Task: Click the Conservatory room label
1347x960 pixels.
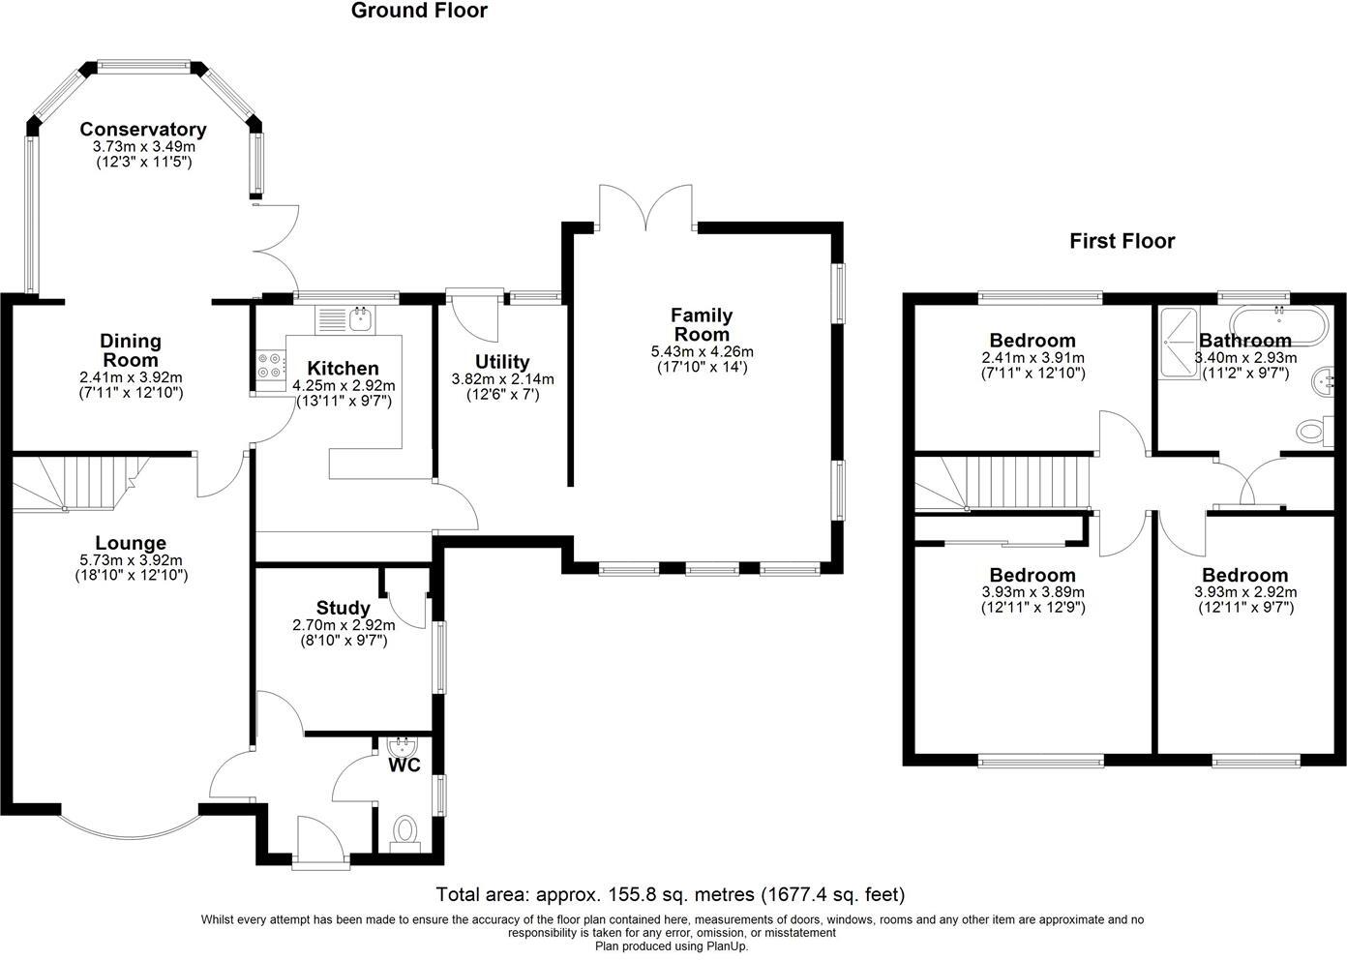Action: pyautogui.click(x=143, y=130)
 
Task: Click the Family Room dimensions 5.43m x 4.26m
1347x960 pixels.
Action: pyautogui.click(x=703, y=352)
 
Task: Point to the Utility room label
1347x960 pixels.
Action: pyautogui.click(x=502, y=363)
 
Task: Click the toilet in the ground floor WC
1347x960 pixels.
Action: pyautogui.click(x=404, y=830)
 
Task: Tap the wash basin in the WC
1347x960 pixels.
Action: pyautogui.click(x=401, y=746)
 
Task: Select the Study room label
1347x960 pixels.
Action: pyautogui.click(x=343, y=608)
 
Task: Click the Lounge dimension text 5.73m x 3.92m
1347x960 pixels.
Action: pyautogui.click(x=131, y=560)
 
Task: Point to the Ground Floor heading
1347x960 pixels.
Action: pyautogui.click(x=419, y=12)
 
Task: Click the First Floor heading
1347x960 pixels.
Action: pyautogui.click(x=1122, y=241)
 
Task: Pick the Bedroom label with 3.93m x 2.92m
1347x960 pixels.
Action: pyautogui.click(x=1244, y=575)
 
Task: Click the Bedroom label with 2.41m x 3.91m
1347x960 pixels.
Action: pyautogui.click(x=1033, y=341)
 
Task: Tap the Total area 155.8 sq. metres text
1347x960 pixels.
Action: pyautogui.click(x=671, y=894)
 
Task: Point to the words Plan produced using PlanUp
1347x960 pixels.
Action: pyautogui.click(x=671, y=946)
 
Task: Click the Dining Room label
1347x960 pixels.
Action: pyautogui.click(x=131, y=350)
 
